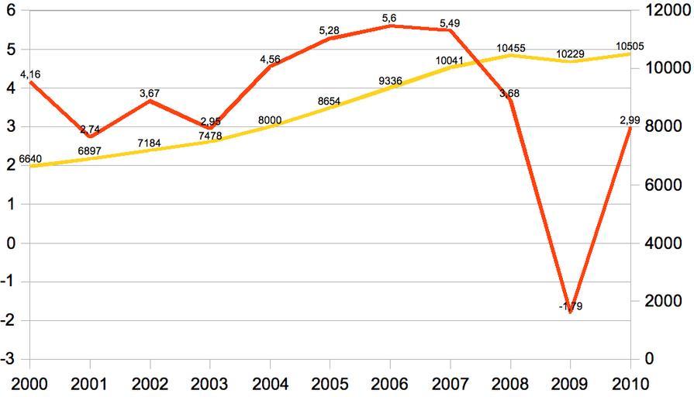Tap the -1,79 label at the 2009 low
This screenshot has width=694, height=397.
(x=571, y=306)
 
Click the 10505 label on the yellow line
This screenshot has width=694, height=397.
(x=629, y=47)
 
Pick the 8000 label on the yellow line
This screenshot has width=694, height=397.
(x=270, y=120)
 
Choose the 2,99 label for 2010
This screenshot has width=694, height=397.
(x=630, y=119)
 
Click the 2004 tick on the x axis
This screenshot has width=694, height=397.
(x=270, y=383)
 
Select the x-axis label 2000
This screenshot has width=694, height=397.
(x=29, y=383)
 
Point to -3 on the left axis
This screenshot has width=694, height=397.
(x=8, y=360)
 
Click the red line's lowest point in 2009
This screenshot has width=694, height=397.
(x=571, y=312)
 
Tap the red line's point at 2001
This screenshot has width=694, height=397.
(x=91, y=136)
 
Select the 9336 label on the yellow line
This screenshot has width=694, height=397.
(x=390, y=80)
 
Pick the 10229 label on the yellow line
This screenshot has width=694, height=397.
(x=571, y=54)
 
